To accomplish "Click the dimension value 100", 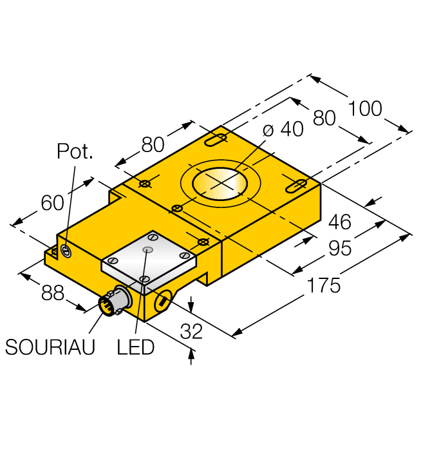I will click(365, 108).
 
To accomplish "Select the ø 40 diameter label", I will click(283, 130).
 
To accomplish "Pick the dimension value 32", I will click(191, 331).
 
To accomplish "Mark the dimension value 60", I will click(52, 203).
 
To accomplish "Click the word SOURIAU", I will click(50, 347).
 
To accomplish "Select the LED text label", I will click(136, 347).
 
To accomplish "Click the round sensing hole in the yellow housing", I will click(221, 183).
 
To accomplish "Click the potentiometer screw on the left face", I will click(66, 250).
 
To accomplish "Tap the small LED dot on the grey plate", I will click(149, 249).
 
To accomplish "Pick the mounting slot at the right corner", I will click(295, 186).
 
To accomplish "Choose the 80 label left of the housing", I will click(153, 145).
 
